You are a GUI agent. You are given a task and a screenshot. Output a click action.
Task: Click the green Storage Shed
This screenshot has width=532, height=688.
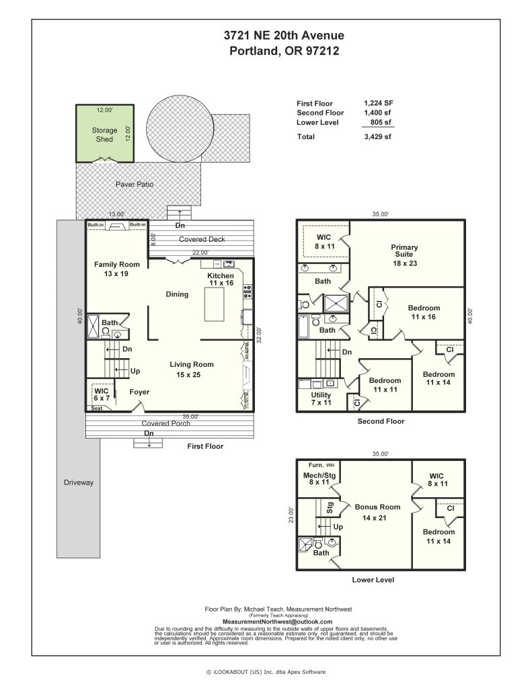point(104,134)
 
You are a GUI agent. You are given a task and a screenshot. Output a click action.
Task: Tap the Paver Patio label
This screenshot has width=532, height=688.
point(135,184)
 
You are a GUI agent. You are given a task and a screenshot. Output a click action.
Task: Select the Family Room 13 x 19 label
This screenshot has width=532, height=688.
point(117,269)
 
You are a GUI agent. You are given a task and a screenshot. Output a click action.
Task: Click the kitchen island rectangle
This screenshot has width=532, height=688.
point(215,304)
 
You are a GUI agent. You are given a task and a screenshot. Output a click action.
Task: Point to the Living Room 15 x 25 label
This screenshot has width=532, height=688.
point(192,370)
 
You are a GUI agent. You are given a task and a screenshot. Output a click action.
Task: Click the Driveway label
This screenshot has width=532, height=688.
point(79,482)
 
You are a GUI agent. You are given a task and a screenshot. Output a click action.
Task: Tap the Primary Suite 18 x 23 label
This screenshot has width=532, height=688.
point(405,255)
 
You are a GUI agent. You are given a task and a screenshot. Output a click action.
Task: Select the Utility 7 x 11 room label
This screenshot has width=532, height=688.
point(321,398)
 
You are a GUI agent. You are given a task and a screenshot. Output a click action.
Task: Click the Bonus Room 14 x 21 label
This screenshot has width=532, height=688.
point(377,512)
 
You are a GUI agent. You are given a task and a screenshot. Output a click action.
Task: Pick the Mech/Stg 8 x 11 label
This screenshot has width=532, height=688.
point(319,478)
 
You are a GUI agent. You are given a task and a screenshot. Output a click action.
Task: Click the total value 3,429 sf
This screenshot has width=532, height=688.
point(377,136)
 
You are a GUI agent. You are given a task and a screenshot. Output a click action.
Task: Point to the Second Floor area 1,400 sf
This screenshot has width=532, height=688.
point(377,112)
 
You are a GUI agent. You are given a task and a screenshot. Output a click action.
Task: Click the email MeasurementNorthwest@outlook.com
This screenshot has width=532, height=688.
point(278,621)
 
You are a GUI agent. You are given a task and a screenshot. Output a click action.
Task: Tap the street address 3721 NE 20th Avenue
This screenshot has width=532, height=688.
point(284,35)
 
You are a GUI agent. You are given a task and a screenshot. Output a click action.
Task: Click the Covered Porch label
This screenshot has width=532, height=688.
point(165,423)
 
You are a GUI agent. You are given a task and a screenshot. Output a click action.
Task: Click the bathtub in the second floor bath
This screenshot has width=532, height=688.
point(303,327)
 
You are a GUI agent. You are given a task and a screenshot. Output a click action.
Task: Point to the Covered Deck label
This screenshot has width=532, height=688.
point(202,239)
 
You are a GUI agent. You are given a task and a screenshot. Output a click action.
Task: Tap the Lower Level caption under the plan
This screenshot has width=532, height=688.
point(373,580)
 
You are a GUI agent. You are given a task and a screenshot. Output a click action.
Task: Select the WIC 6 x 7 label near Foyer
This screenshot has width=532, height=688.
point(102,394)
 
